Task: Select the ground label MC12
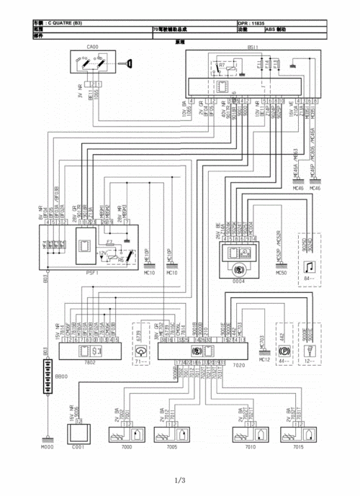tap(264, 359)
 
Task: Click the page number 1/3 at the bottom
tap(180, 481)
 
